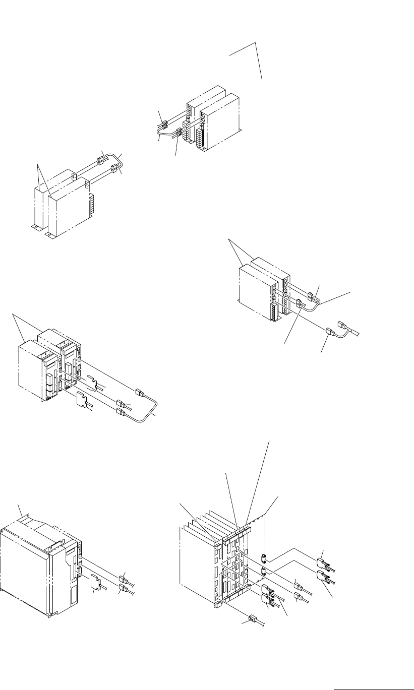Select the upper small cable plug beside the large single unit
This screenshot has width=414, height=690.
[x=122, y=577]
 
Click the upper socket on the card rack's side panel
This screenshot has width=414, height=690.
[x=264, y=558]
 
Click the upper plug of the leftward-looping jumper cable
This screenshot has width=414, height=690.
[x=162, y=122]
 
